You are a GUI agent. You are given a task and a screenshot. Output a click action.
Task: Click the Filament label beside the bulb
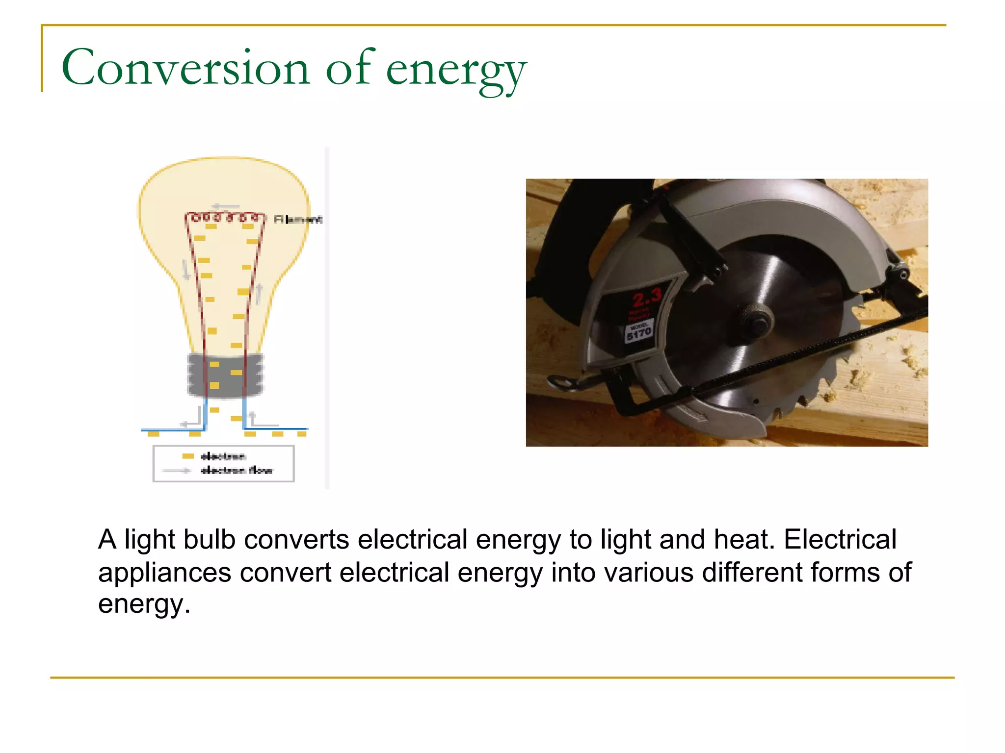coord(298,220)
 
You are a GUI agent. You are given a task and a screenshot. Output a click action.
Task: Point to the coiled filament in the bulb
coord(225,217)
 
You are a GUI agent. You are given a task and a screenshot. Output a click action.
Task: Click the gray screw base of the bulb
coord(225,375)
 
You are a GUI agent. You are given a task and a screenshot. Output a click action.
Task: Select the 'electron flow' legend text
coord(237,471)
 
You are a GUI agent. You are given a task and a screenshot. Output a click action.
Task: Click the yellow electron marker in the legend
coord(188,456)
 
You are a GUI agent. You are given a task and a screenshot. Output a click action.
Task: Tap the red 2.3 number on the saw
coord(647,297)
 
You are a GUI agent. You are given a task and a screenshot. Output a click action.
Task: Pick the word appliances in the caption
coord(164,573)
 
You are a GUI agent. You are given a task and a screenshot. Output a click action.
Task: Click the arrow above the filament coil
coord(226,206)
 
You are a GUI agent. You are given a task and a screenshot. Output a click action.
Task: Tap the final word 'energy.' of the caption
coord(144,604)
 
